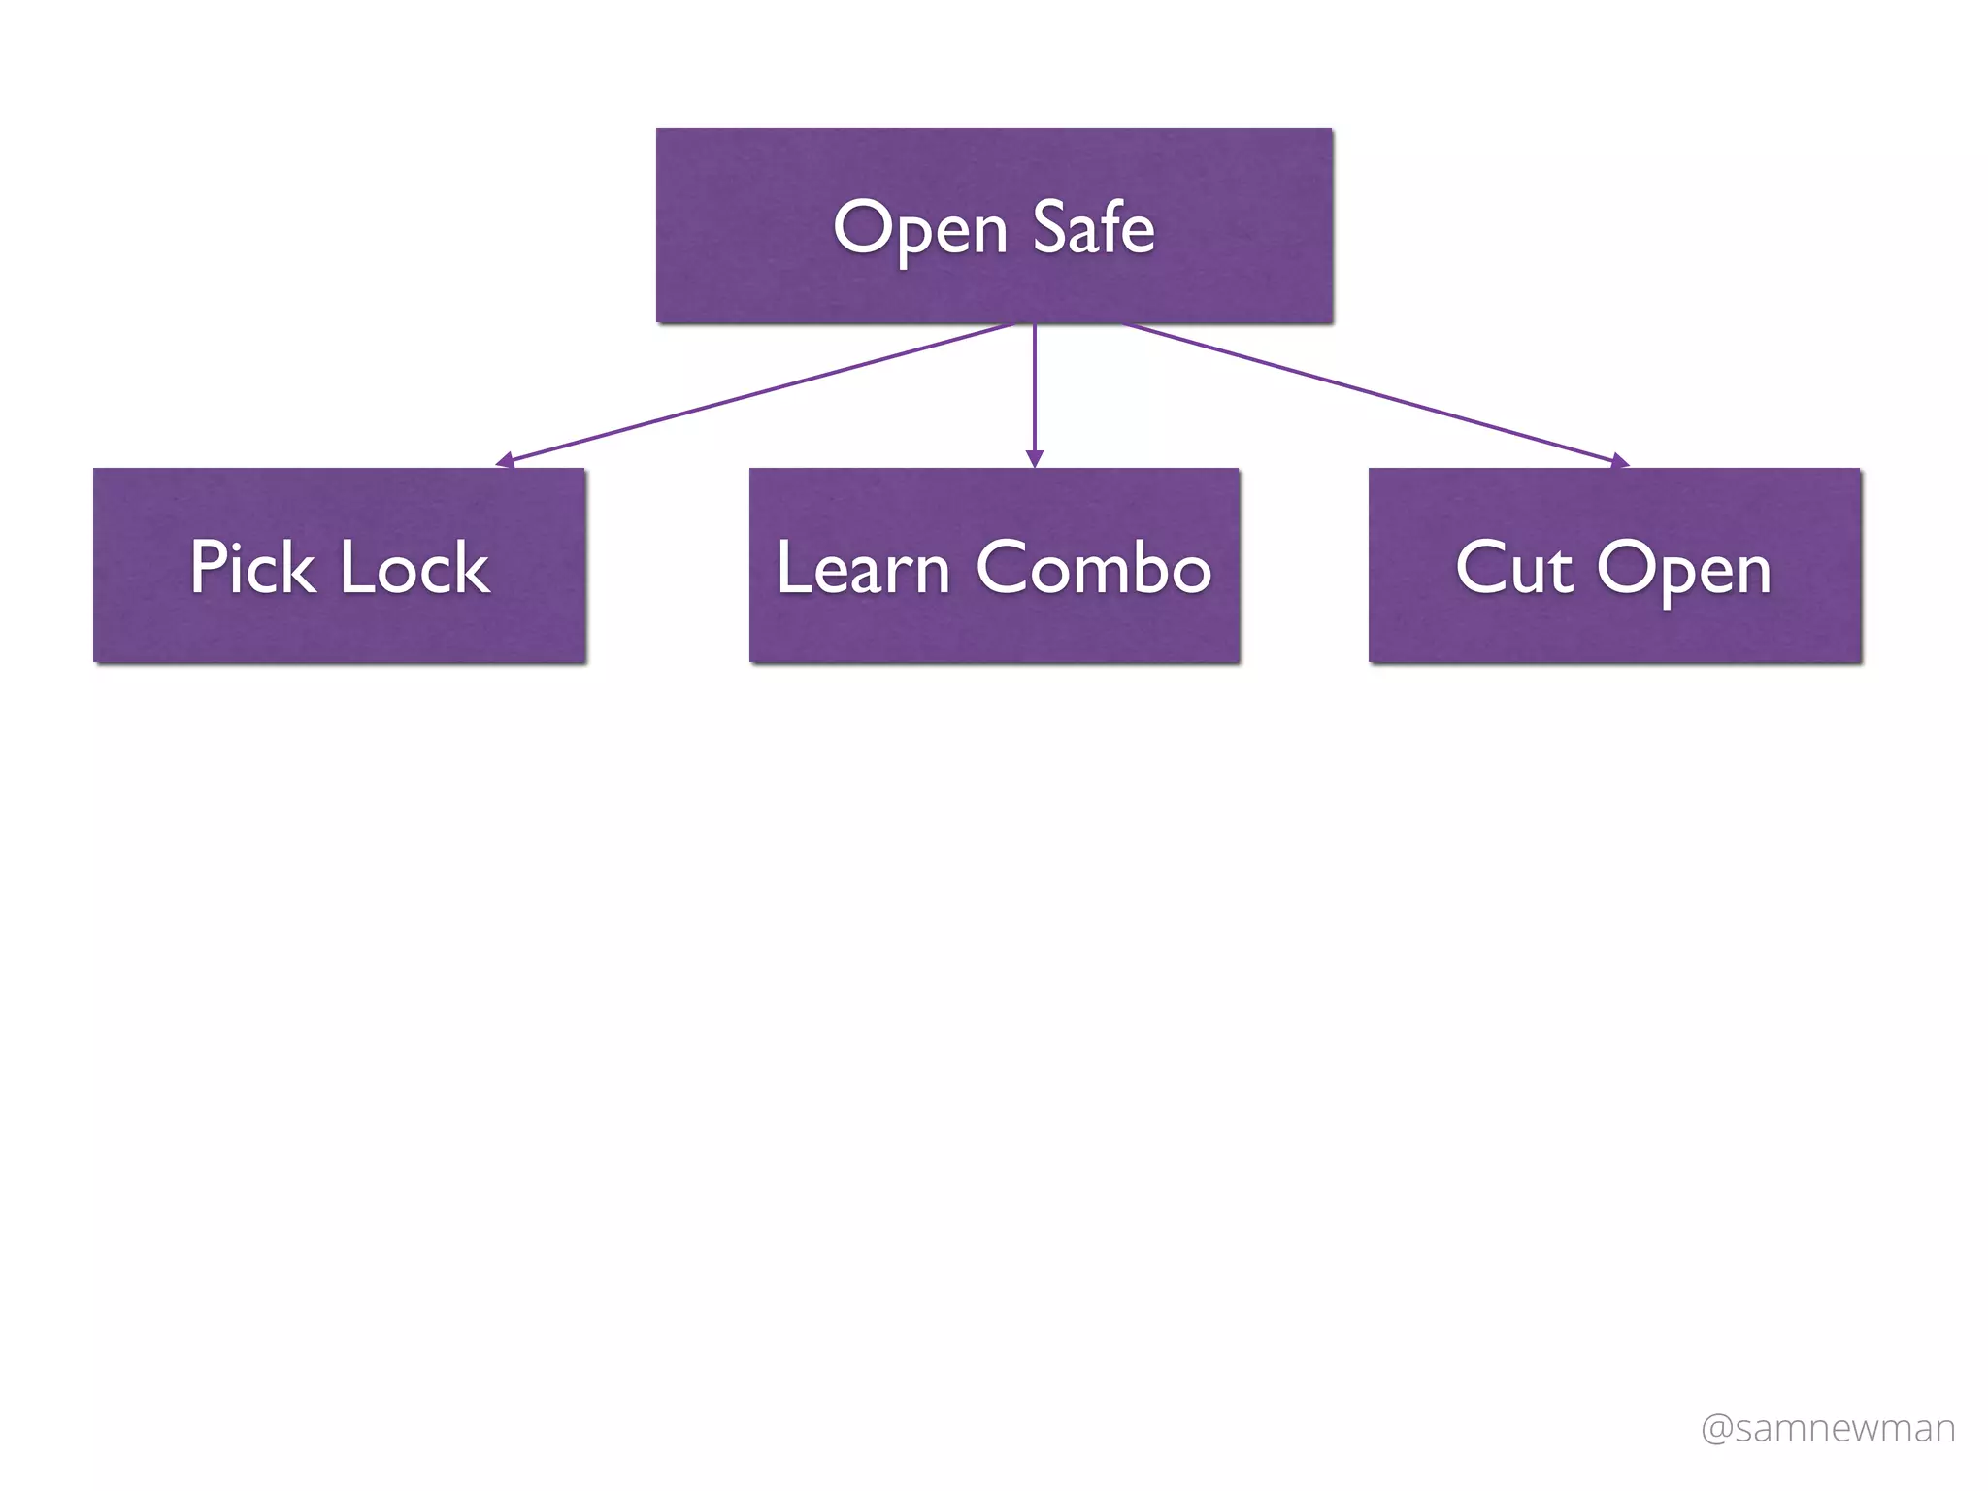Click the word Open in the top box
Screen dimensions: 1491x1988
point(920,229)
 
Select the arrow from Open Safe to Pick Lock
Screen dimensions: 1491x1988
point(757,392)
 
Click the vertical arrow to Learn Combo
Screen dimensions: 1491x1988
point(1035,388)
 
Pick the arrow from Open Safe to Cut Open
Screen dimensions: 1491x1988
point(1369,392)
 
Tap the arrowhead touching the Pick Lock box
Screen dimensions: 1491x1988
point(505,460)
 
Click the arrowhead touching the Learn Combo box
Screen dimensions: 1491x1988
point(1035,458)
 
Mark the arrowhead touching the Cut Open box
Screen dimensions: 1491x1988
point(1619,461)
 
